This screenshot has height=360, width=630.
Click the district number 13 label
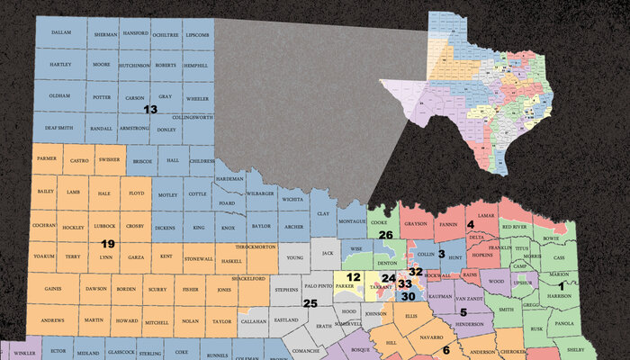[150, 109]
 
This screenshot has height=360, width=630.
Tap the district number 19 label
[107, 244]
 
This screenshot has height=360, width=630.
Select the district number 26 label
[385, 236]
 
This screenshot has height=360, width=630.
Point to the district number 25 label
[310, 303]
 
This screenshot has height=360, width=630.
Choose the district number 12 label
[354, 277]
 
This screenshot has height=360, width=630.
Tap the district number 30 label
[408, 296]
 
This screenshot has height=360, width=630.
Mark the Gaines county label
[52, 289]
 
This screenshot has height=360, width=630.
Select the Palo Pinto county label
[319, 285]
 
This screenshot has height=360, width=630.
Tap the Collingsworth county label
[190, 118]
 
